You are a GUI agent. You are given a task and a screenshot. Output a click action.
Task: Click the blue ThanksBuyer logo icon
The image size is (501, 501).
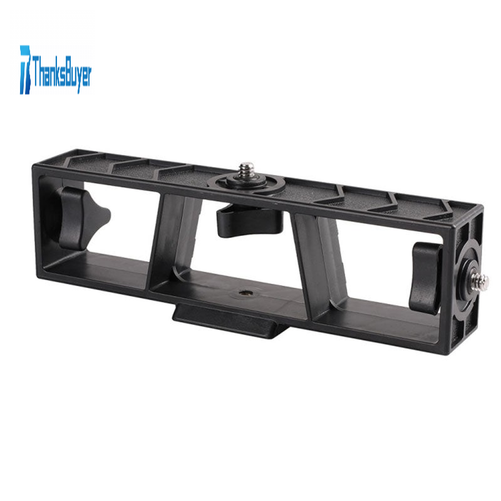pos(26,70)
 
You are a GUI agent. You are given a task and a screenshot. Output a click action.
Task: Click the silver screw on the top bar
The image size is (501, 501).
pos(246,172)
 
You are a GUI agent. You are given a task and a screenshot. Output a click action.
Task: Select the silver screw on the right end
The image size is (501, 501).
pos(480,281)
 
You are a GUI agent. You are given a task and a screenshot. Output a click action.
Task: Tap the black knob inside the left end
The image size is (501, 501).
pos(81,218)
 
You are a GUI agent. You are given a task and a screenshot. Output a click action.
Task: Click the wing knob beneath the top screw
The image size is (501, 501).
pos(250,220)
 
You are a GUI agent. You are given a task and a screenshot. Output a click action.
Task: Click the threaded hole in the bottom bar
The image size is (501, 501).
pos(245,292)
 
